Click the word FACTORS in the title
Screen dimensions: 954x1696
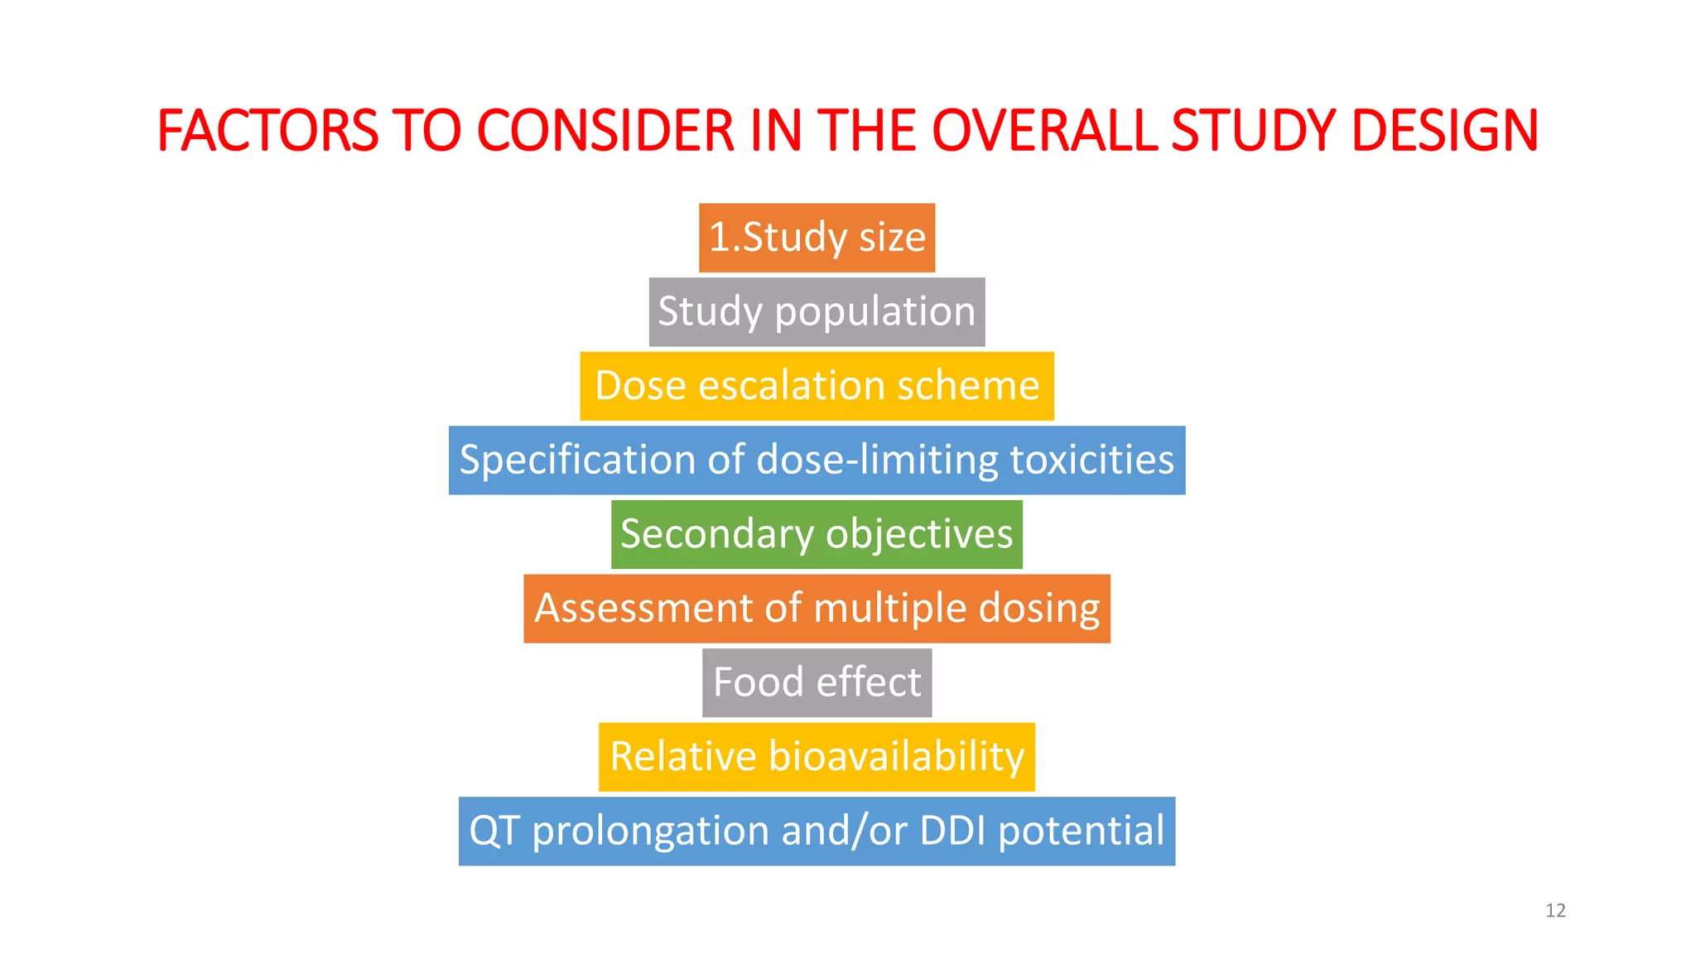267,131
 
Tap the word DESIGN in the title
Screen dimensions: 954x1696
1444,131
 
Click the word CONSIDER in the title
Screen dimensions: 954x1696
605,131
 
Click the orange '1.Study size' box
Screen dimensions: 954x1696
817,238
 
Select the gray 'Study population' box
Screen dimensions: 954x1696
817,312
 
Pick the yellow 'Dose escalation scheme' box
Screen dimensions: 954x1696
817,386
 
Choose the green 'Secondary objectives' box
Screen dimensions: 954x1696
817,534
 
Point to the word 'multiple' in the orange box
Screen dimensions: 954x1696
890,609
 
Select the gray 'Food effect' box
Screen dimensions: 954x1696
817,682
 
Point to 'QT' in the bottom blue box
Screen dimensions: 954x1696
494,831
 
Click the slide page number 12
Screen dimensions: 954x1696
1555,911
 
